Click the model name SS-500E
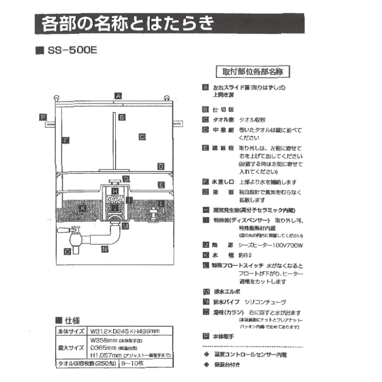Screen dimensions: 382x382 pyautogui.click(x=72, y=52)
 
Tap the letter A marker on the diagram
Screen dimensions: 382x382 pyautogui.click(x=118, y=96)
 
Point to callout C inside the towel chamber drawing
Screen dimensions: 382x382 pyautogui.click(x=142, y=137)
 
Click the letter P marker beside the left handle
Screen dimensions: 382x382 pyautogui.click(x=42, y=117)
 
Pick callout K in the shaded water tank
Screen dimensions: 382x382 pyautogui.click(x=82, y=209)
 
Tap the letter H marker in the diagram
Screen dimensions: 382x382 pyautogui.click(x=115, y=191)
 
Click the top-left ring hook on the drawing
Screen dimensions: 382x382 pyautogui.click(x=56, y=97)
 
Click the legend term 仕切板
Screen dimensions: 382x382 pyautogui.click(x=220, y=110)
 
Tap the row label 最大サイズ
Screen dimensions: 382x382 pyautogui.click(x=71, y=348)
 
